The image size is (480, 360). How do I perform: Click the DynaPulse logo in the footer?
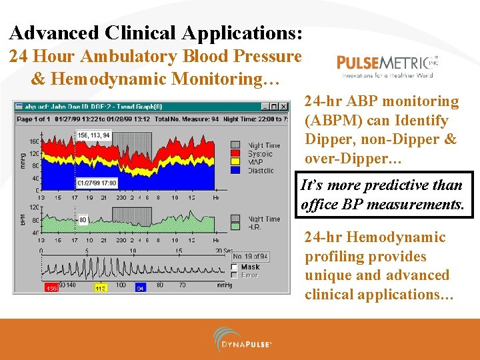[243, 339]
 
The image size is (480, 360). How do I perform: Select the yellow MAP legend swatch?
[235, 162]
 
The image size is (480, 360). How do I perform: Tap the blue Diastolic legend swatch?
[235, 170]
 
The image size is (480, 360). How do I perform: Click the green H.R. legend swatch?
[235, 227]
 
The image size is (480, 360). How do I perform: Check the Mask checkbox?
[234, 267]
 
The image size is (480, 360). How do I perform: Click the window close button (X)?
[283, 106]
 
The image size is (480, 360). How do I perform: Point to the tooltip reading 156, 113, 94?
[93, 135]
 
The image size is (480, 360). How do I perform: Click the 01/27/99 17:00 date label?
[97, 183]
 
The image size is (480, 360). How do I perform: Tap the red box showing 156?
[51, 288]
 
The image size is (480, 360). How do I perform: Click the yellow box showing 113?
[100, 288]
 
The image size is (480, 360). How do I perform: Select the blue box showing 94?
[140, 288]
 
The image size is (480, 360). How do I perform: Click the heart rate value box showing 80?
[83, 219]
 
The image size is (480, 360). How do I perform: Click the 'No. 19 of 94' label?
[251, 256]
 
